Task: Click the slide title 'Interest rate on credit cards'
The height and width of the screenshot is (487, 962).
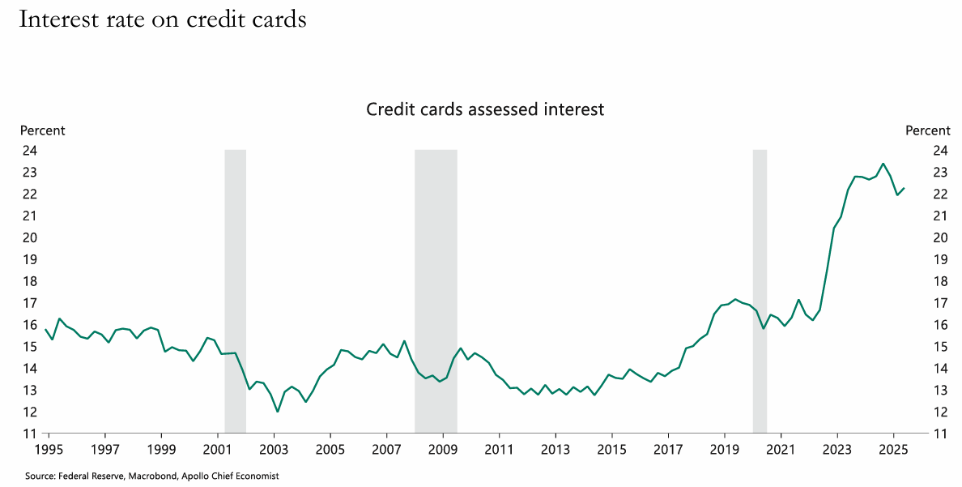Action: (x=162, y=19)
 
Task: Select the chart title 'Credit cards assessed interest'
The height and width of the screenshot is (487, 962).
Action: (x=485, y=109)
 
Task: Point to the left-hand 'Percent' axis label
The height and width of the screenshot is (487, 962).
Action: (x=42, y=130)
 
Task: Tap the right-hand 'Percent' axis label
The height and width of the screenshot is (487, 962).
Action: (x=927, y=130)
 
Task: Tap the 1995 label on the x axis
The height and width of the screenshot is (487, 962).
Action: (x=49, y=448)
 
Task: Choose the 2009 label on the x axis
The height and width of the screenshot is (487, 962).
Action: (x=443, y=448)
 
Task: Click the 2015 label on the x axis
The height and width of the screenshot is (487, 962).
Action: (x=611, y=448)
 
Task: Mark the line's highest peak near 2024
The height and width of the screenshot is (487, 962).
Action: (x=883, y=164)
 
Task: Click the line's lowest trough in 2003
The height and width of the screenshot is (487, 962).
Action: (x=278, y=412)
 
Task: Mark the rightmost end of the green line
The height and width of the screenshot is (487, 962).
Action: (x=904, y=188)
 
